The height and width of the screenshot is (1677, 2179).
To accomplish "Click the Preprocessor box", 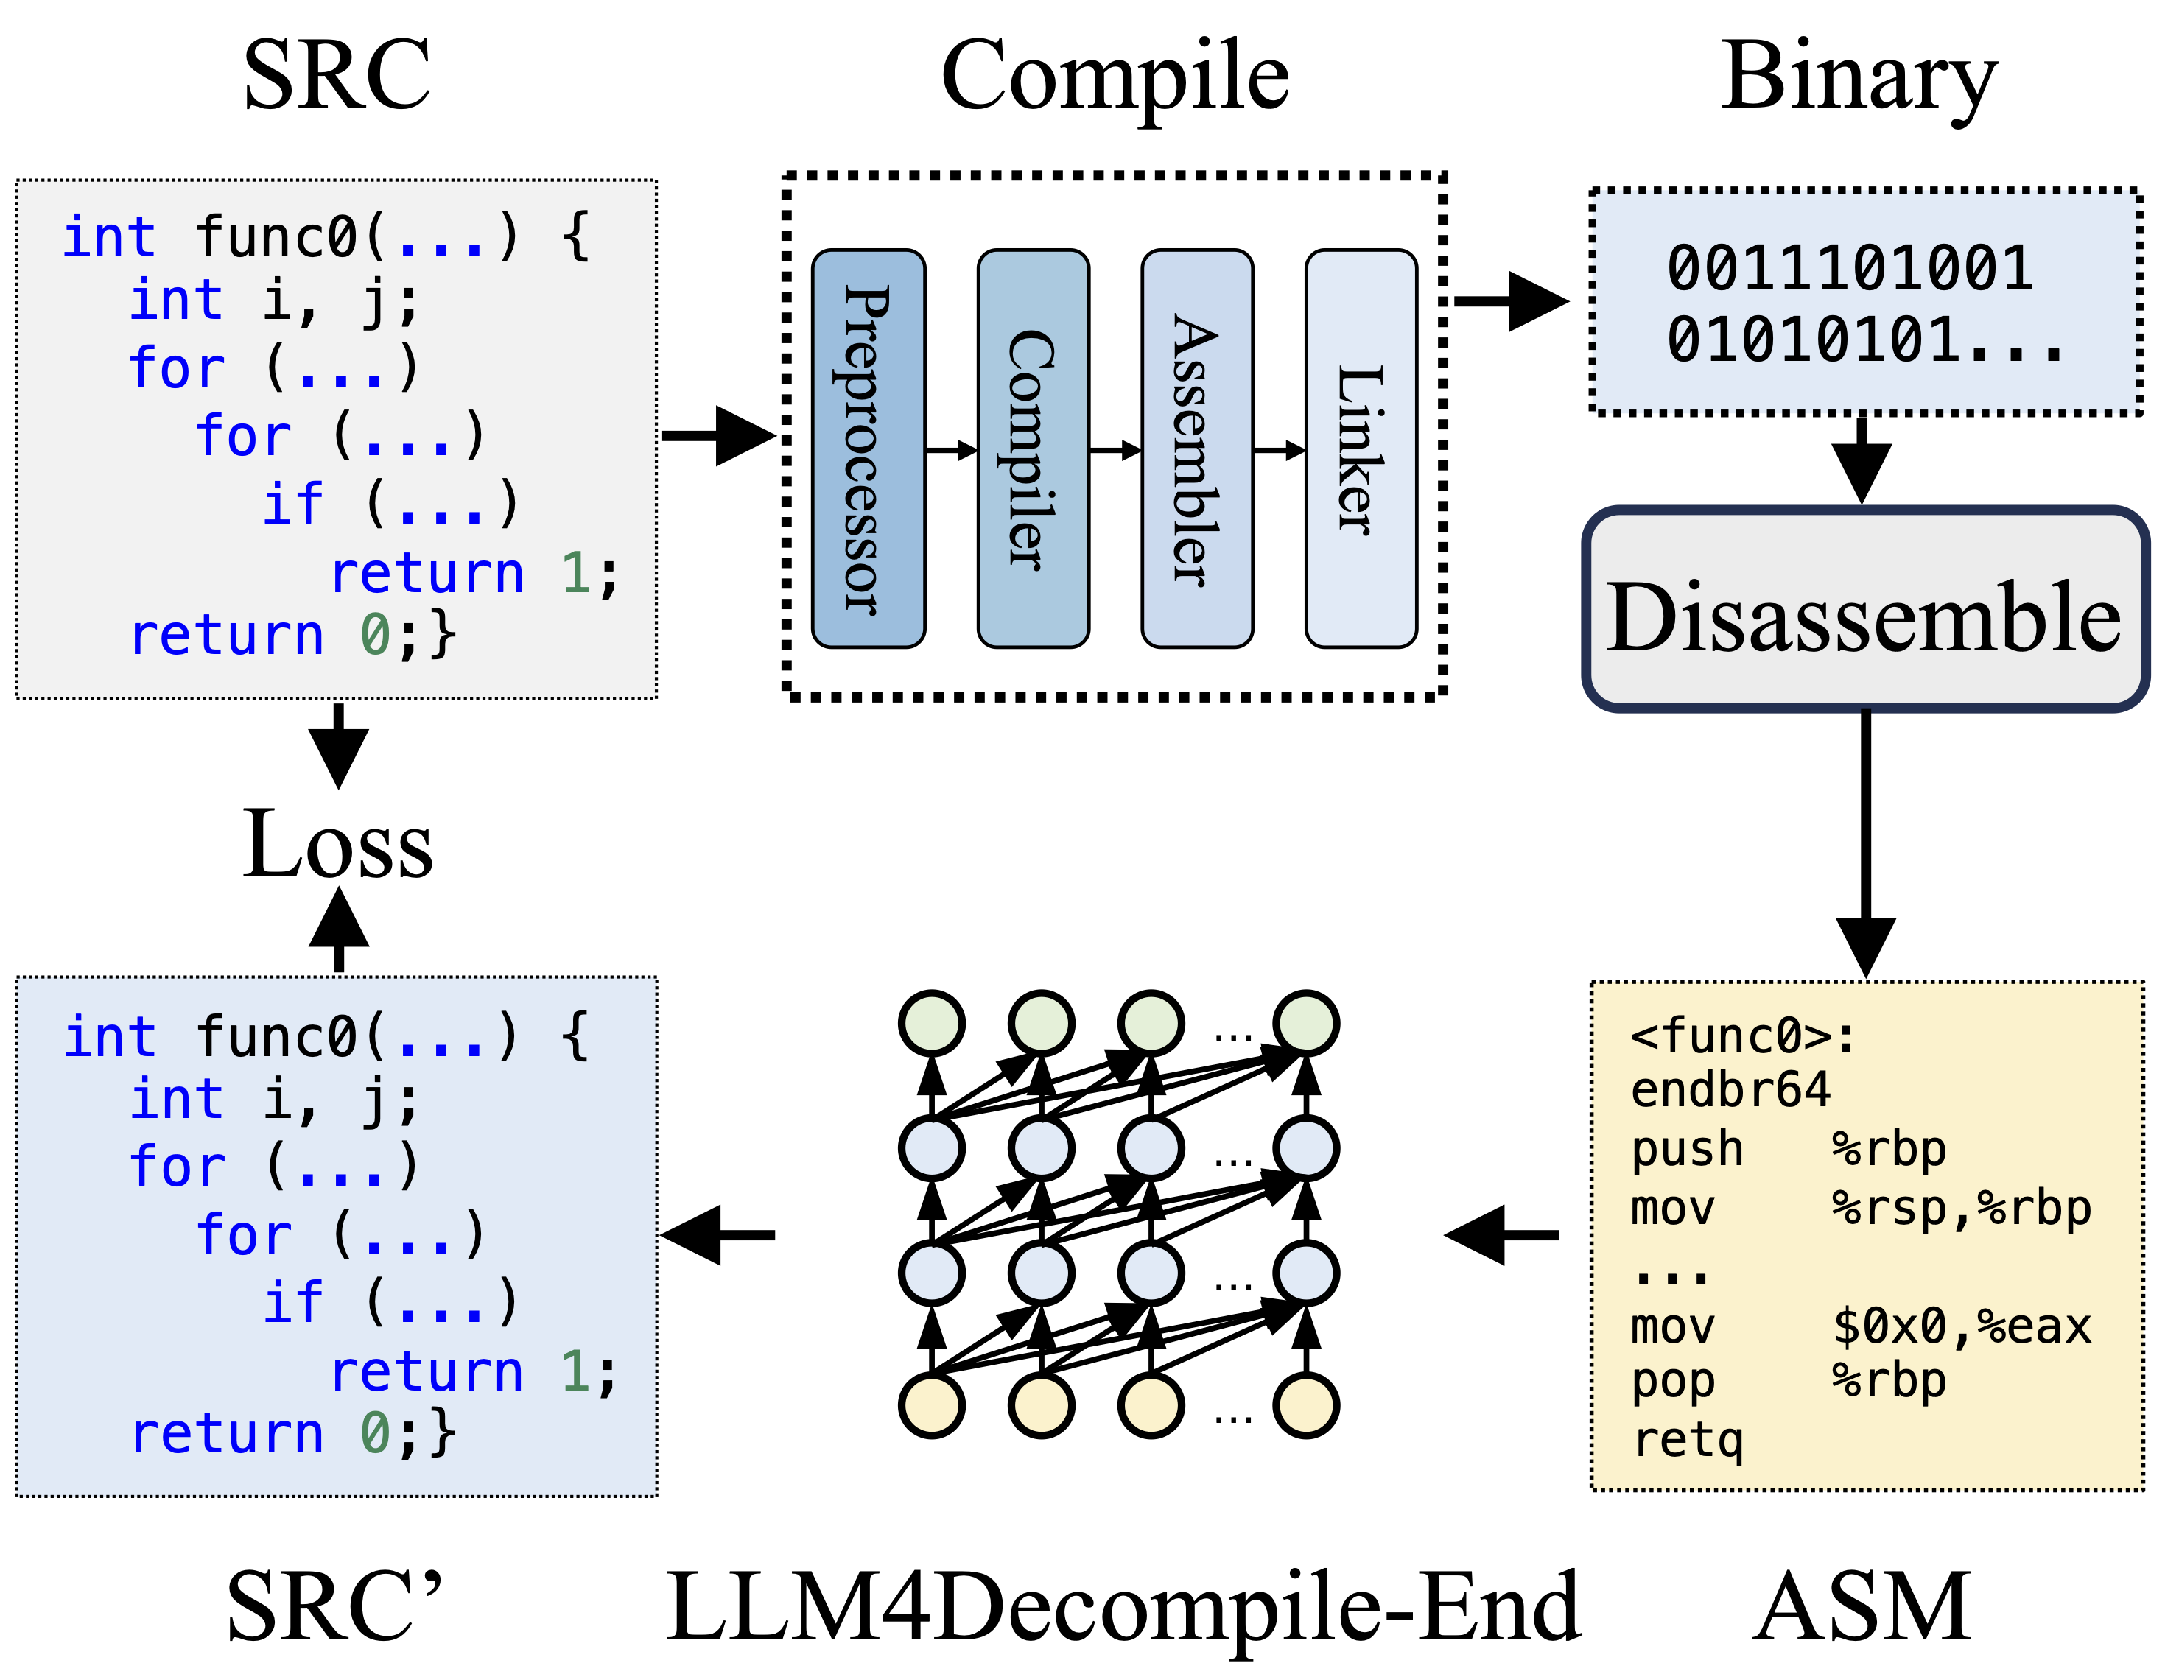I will tap(868, 449).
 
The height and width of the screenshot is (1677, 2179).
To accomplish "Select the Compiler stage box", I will tap(1033, 449).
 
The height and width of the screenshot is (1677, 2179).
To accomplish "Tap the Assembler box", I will tap(1196, 449).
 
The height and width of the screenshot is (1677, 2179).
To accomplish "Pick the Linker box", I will tap(1361, 449).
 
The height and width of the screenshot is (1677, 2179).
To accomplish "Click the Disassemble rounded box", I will tap(1864, 611).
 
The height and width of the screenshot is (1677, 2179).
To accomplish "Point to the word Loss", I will tap(337, 845).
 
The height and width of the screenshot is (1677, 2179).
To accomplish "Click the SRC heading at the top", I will tap(337, 76).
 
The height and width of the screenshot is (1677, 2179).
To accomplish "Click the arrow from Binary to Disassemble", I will tap(1862, 459).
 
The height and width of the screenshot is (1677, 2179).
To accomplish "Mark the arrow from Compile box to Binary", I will tap(1511, 300).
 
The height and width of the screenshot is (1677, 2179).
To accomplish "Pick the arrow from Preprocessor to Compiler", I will tap(952, 451).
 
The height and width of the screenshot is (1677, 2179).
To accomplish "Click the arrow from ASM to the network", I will tap(1501, 1235).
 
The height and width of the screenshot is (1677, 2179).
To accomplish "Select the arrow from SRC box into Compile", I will tap(718, 435).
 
